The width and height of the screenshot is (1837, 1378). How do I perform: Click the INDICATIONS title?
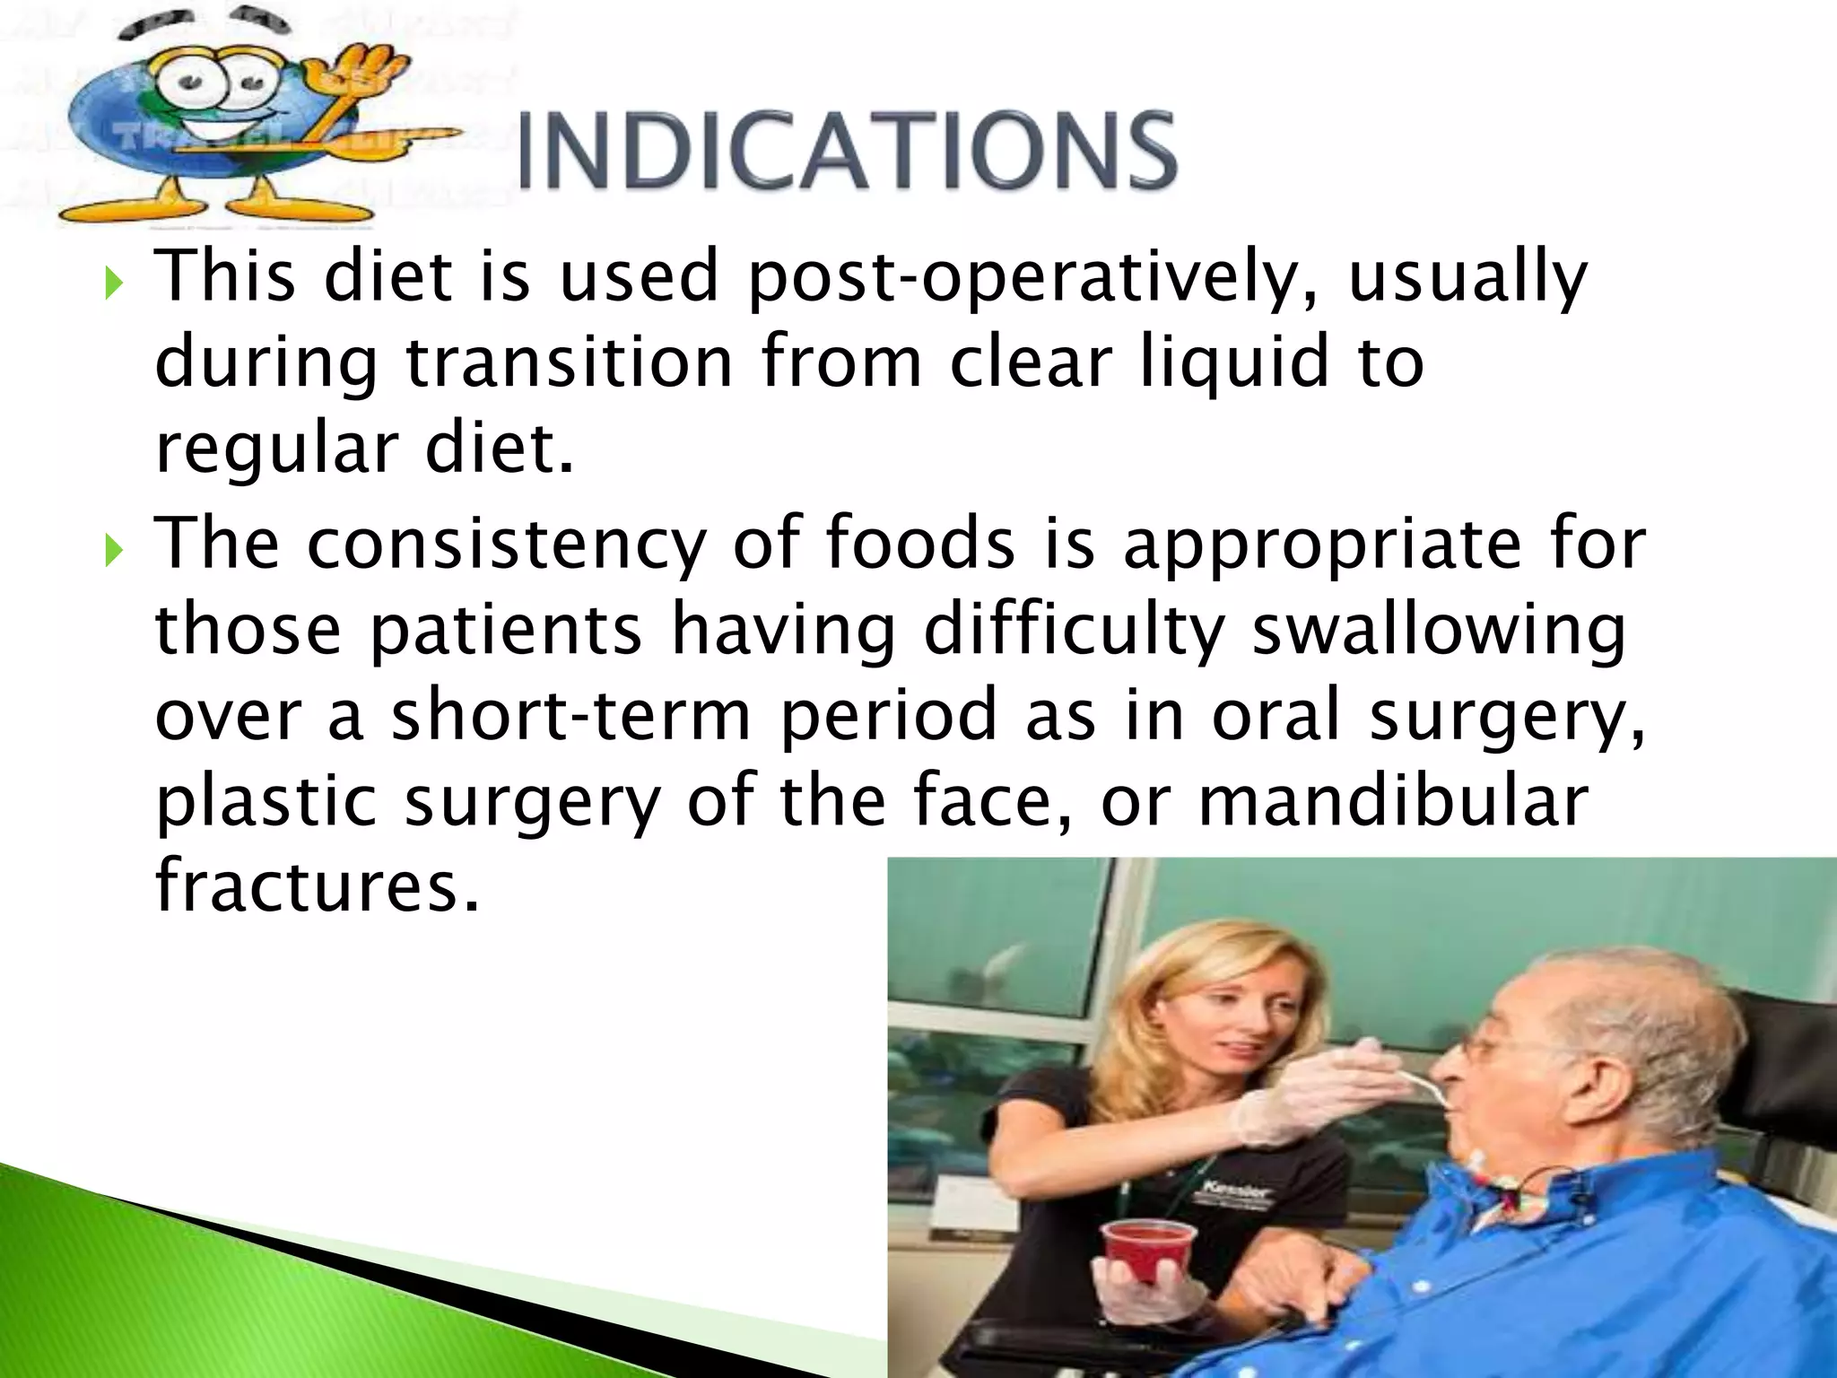pos(847,151)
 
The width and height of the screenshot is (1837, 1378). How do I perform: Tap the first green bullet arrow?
pos(112,284)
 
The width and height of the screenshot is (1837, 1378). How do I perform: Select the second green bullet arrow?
pos(112,550)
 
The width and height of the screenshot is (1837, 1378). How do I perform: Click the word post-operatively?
pos(1032,278)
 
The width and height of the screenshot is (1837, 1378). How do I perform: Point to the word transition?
pos(570,362)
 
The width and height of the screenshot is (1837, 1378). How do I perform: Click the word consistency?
pos(507,544)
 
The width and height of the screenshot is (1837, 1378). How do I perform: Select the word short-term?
pos(571,715)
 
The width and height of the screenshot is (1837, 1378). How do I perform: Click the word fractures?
pos(318,885)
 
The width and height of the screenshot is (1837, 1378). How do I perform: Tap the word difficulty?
pos(1074,630)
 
